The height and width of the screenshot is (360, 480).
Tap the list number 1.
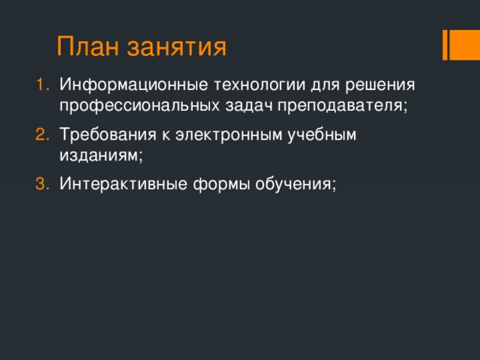click(42, 84)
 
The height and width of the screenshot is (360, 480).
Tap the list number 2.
click(42, 134)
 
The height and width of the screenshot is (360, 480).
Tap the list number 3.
click(42, 184)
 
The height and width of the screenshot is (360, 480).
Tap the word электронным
click(220, 134)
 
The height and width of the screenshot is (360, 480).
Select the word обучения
click(289, 185)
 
